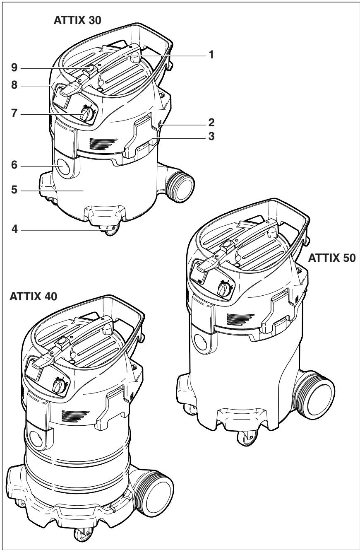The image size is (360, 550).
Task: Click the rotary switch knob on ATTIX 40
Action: (x=58, y=386)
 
